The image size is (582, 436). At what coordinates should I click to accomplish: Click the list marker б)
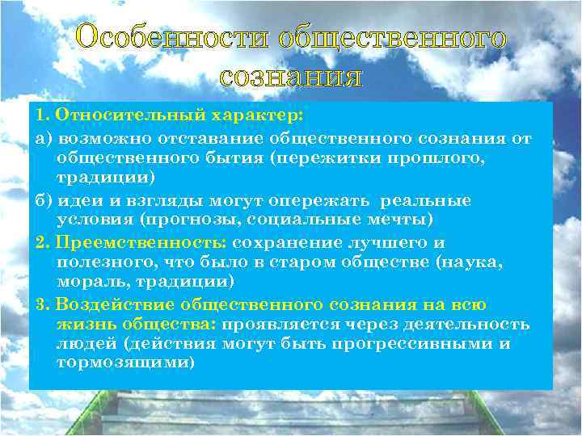pos(45,200)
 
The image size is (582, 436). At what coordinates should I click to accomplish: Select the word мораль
pos(90,282)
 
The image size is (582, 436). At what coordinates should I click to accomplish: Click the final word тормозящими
pos(125,363)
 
